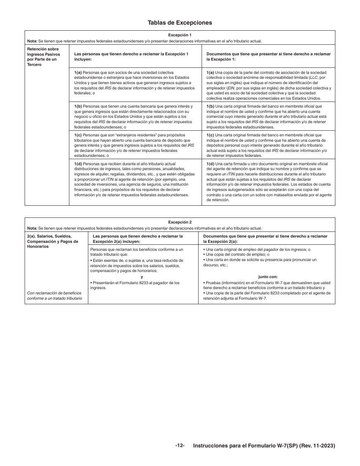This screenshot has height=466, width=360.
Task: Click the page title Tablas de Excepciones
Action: click(x=180, y=23)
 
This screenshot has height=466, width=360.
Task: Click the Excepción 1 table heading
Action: click(x=180, y=35)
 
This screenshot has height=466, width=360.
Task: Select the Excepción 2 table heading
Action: click(x=180, y=222)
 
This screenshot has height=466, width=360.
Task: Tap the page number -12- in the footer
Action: click(x=180, y=446)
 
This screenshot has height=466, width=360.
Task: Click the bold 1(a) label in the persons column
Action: click(x=78, y=72)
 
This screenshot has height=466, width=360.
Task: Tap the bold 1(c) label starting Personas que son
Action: click(x=78, y=135)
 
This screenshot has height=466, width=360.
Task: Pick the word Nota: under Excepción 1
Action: click(x=32, y=41)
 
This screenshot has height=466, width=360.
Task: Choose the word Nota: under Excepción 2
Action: click(x=32, y=228)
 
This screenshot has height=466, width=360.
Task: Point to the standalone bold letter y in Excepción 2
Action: click(x=142, y=277)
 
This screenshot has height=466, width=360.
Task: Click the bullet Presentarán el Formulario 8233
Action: click(x=135, y=285)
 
